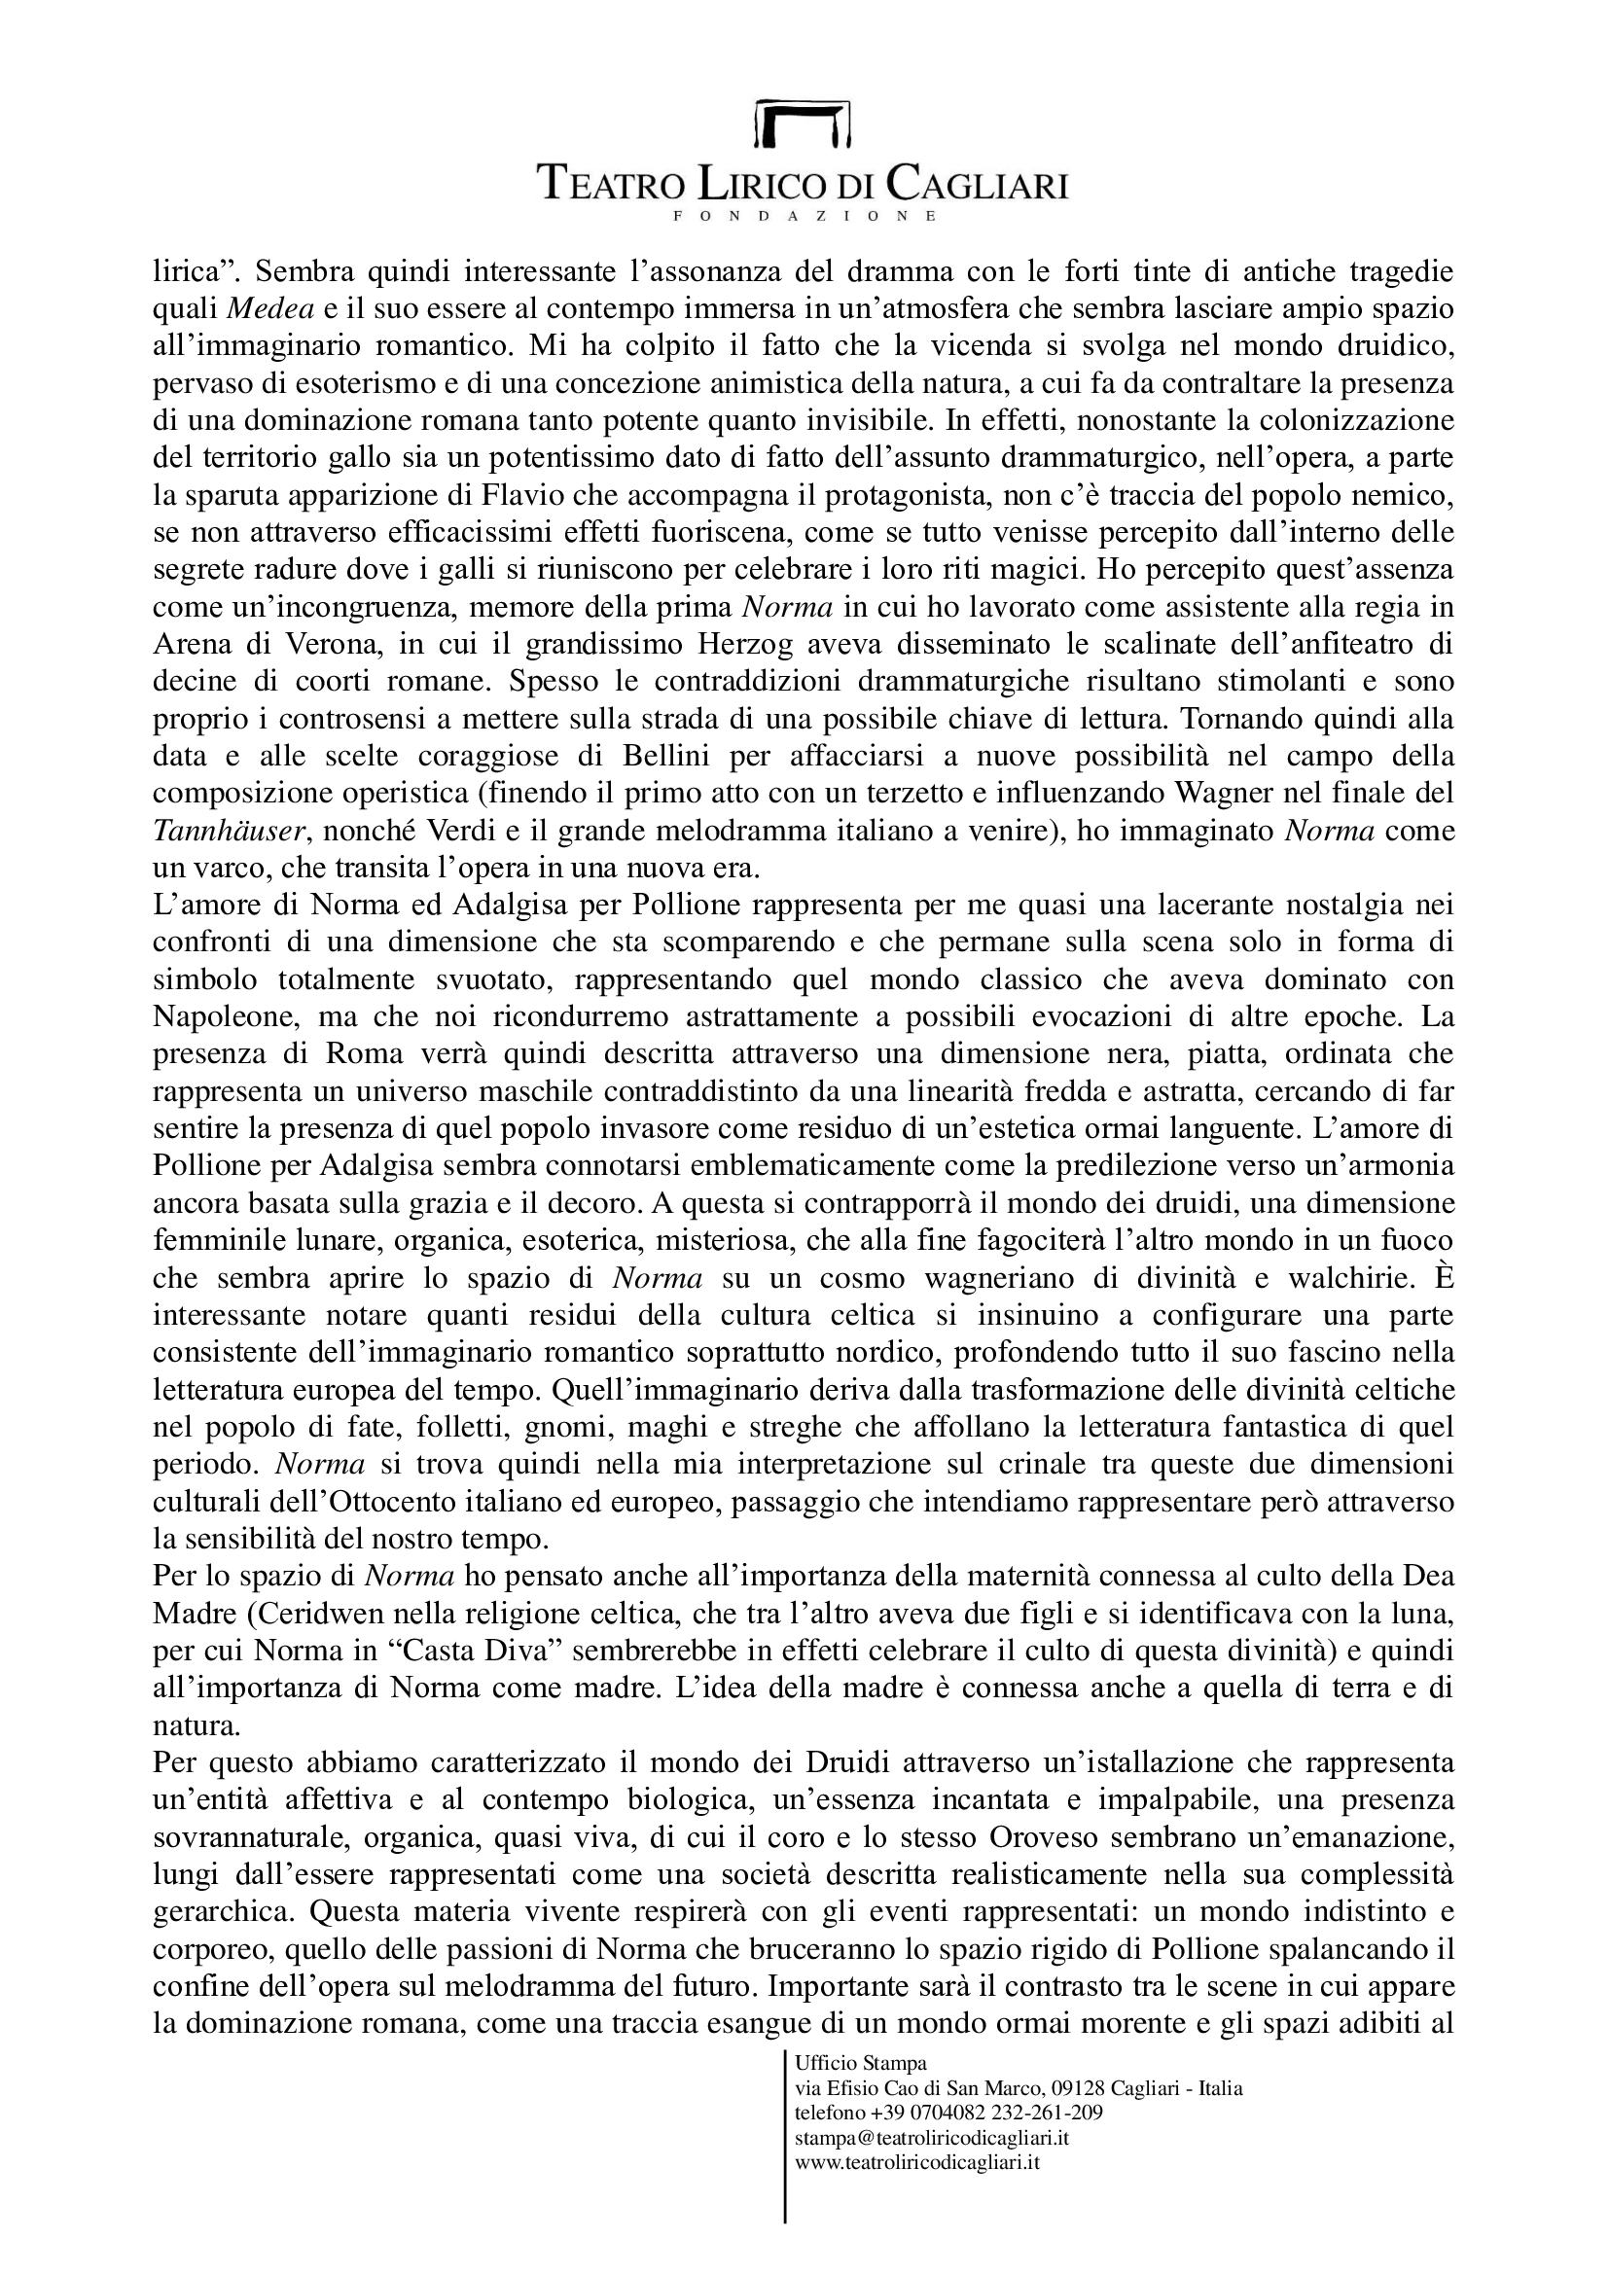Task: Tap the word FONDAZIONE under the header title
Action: pyautogui.click(x=804, y=215)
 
